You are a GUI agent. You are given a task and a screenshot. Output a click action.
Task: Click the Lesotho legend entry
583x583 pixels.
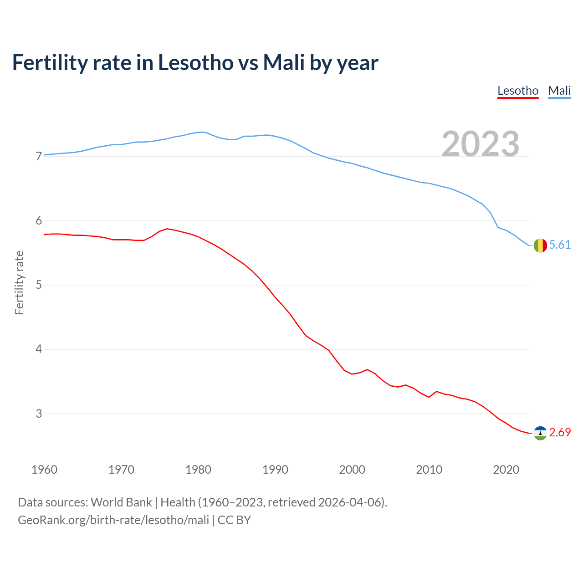518,91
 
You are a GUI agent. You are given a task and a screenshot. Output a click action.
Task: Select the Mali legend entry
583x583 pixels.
559,91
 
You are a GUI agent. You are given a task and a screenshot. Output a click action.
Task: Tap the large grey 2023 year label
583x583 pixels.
481,144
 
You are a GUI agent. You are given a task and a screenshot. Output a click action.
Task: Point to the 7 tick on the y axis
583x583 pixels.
39,157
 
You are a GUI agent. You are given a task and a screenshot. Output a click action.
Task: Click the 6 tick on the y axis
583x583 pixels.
39,221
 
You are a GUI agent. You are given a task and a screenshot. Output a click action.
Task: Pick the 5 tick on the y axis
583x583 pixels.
39,285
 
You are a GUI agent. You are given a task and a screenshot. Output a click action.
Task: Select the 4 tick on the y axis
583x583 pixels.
39,349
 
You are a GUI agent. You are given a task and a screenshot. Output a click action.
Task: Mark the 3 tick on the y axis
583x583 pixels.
39,414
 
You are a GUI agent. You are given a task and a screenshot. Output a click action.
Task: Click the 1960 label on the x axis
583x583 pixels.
44,470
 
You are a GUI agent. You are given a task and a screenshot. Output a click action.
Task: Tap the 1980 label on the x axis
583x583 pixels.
198,470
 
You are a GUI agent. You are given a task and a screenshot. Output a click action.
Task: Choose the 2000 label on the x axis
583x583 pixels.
352,470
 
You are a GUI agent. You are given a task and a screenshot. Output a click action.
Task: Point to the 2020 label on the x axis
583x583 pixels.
506,470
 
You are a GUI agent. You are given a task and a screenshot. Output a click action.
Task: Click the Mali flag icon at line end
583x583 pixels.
540,245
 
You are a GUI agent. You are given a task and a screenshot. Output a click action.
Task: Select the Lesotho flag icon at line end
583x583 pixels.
540,433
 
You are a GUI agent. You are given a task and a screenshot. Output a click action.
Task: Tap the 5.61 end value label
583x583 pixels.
560,245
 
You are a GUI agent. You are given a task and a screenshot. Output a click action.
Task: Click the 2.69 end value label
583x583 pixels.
560,433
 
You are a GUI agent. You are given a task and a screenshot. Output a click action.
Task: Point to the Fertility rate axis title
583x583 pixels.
19,282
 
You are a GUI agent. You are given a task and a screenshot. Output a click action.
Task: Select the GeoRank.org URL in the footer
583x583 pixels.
113,520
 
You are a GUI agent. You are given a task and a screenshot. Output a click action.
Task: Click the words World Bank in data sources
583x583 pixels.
121,502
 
